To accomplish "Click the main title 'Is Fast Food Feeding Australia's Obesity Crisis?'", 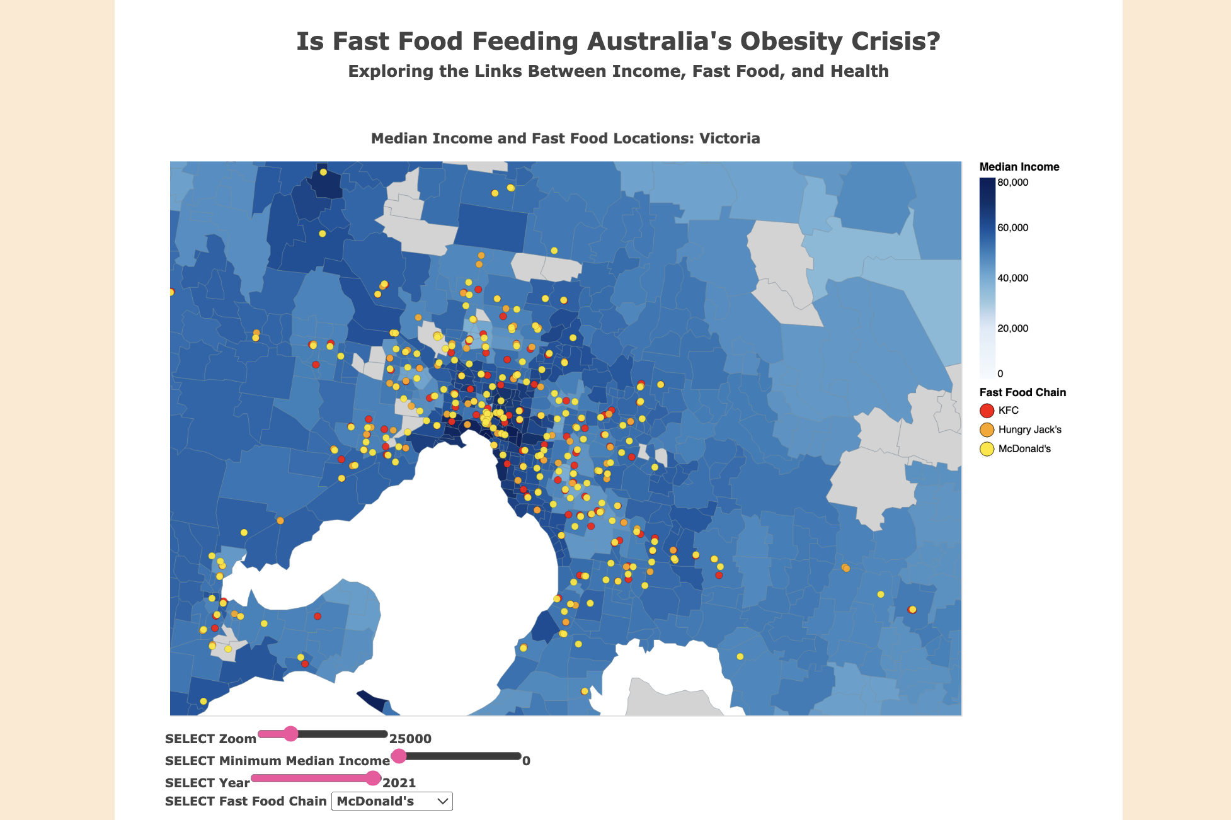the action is (618, 42).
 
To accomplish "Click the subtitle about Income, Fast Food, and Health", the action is (618, 71).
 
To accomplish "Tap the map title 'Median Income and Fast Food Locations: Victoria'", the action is (565, 139).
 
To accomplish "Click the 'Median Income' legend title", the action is (1019, 167).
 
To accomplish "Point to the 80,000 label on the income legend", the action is (1012, 183).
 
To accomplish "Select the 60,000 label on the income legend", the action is (1012, 228).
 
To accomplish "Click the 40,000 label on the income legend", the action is (1012, 278).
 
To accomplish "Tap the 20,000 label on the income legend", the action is (1012, 329).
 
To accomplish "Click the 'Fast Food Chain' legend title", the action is (1022, 392).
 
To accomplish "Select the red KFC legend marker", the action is (987, 411).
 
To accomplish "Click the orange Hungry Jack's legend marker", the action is (987, 430).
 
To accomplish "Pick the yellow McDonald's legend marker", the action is (987, 449).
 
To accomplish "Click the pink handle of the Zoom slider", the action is (290, 734).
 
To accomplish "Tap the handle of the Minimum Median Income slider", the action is (399, 756).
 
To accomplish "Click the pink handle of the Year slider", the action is (374, 778).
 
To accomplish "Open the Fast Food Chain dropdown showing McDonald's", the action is (392, 801).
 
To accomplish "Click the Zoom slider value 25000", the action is (410, 739).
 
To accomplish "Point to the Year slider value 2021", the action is (399, 783).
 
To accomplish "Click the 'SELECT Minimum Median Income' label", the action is (277, 761).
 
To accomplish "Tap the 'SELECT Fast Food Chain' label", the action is (246, 801).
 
